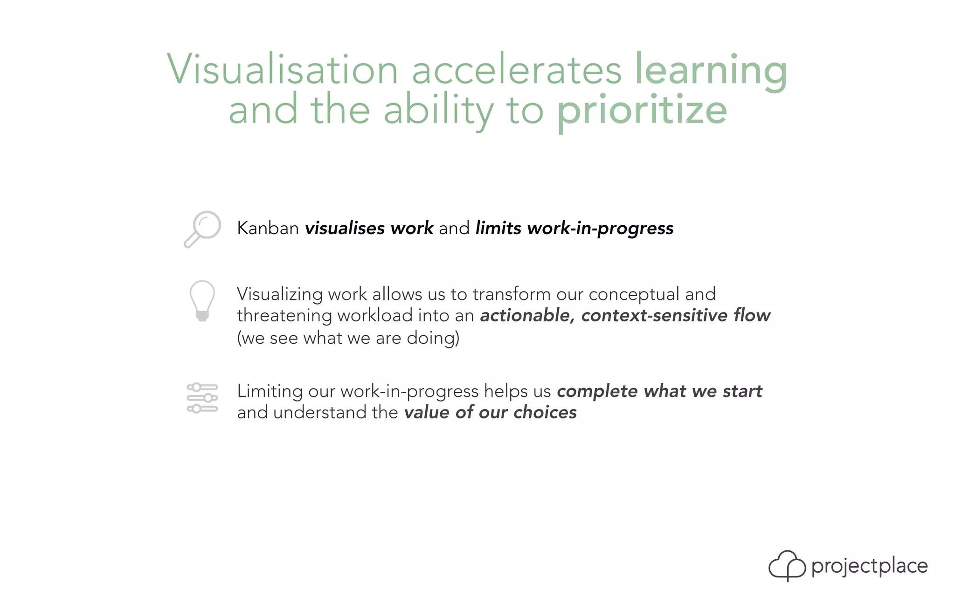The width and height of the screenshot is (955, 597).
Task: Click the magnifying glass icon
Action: coord(202,229)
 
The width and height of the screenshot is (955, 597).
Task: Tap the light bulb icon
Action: coord(202,300)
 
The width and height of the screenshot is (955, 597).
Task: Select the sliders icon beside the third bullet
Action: coord(202,398)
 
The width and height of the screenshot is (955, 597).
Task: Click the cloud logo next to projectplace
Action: coord(787,565)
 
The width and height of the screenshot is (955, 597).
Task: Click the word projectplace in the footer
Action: coord(869,566)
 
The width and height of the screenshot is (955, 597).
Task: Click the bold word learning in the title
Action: coord(711,70)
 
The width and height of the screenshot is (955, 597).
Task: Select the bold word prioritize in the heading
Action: coord(642,111)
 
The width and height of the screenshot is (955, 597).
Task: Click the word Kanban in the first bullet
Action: coord(268,228)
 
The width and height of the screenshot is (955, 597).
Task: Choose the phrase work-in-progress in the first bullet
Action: coord(600,228)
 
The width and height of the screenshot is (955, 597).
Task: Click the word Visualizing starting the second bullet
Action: coord(279,294)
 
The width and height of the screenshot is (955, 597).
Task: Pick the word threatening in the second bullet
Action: coord(284,315)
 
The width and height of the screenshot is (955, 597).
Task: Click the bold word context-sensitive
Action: coord(654,315)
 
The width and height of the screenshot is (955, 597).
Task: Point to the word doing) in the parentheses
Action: coord(433,338)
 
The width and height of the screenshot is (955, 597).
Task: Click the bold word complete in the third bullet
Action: coord(597,391)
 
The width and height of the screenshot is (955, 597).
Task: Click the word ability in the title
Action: coord(438,111)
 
